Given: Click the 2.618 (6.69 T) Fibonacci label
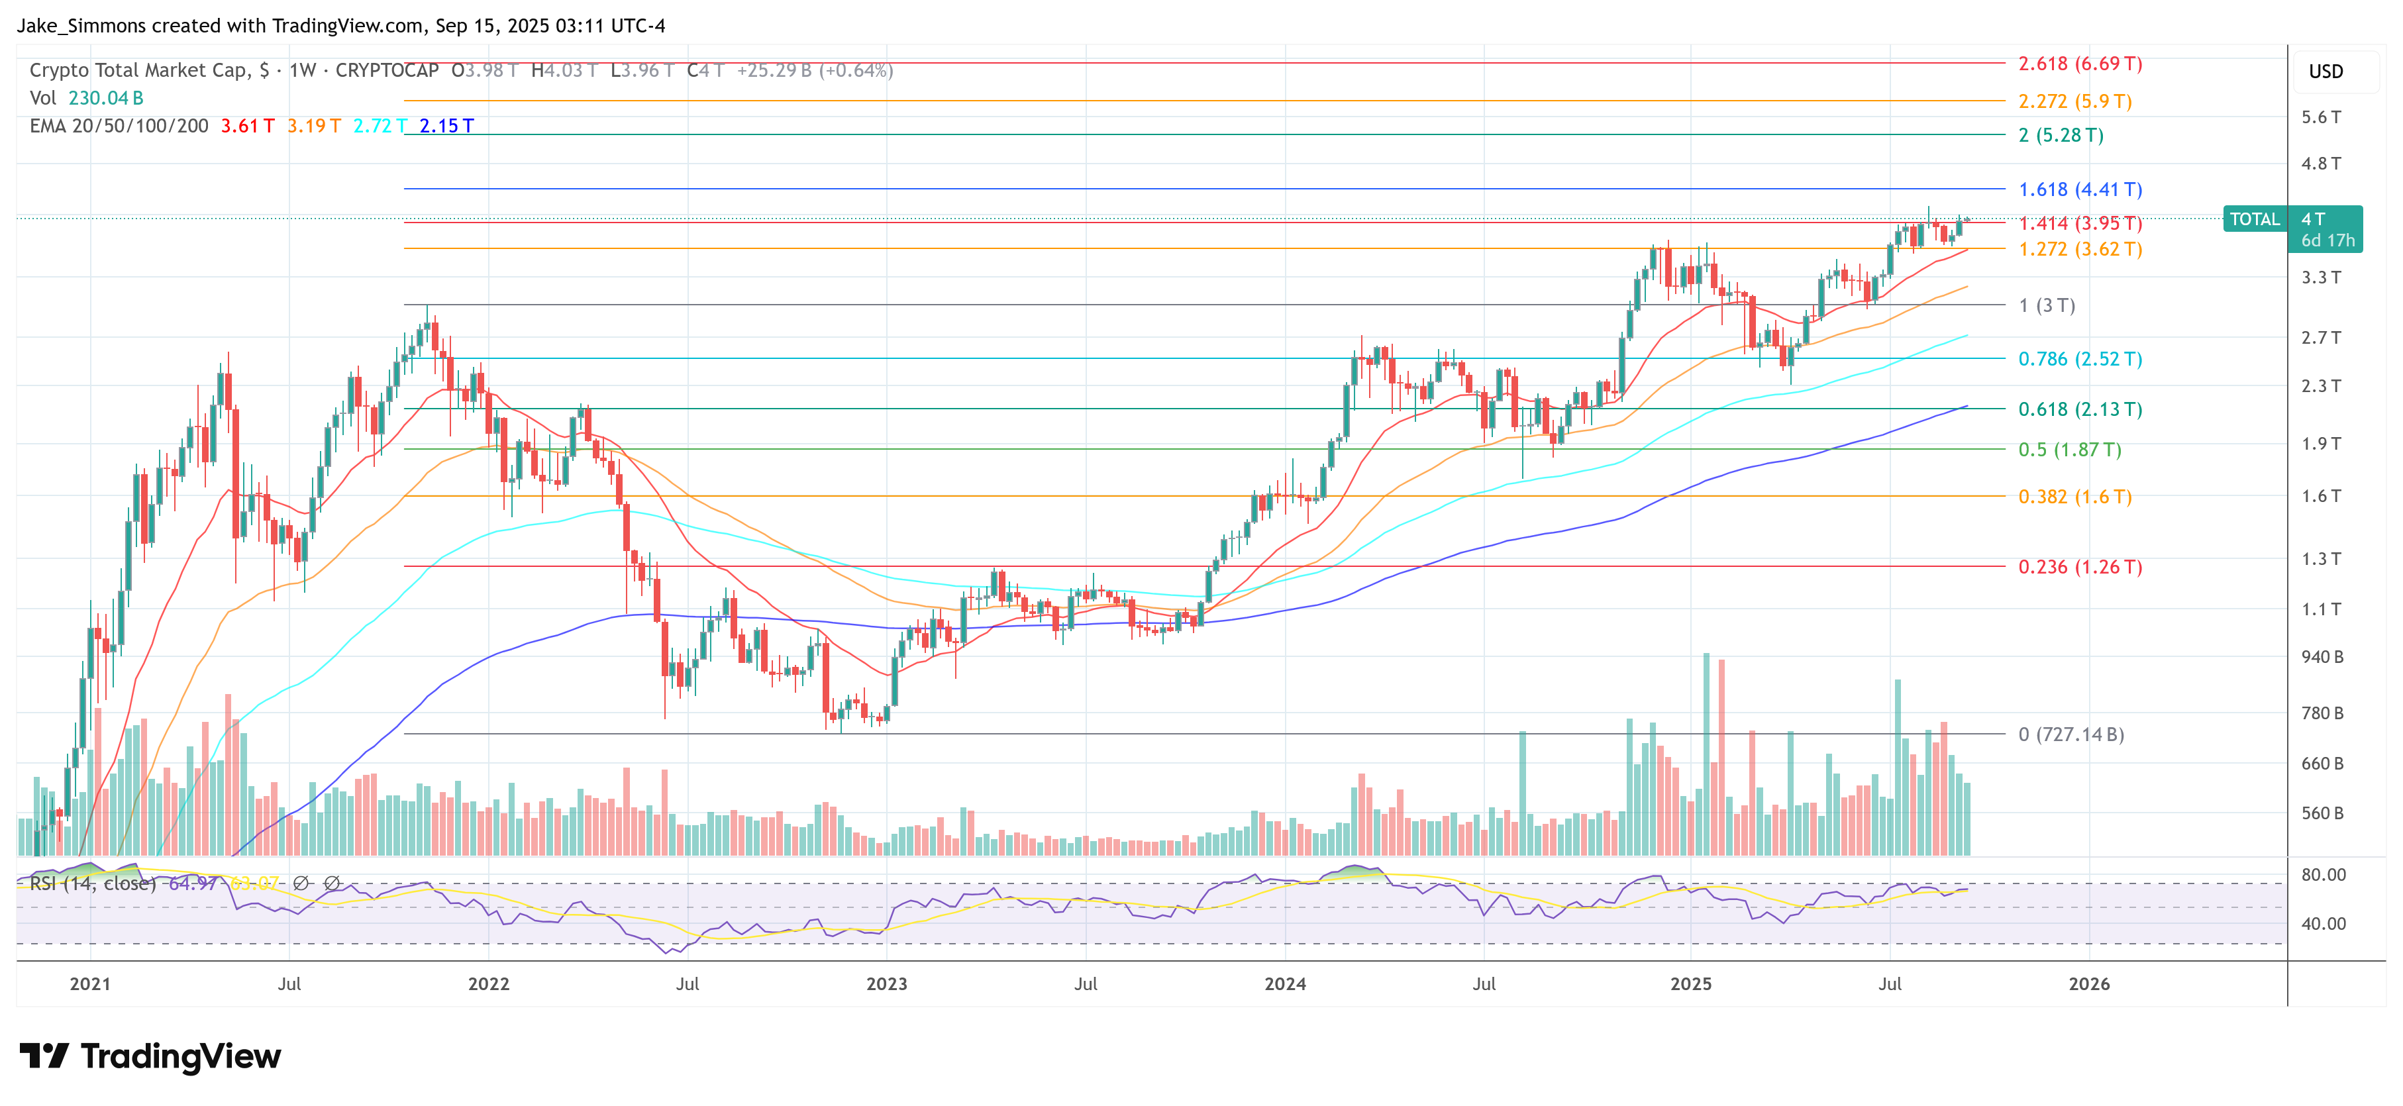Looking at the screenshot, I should (2079, 64).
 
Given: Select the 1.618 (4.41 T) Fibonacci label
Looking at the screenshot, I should (2079, 189).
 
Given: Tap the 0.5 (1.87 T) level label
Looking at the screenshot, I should (2069, 450).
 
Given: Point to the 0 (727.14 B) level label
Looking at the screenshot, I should (2070, 734).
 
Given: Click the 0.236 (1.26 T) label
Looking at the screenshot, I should (2079, 567).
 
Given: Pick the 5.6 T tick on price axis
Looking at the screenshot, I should (2320, 117).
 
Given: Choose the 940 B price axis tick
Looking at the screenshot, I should (2321, 656).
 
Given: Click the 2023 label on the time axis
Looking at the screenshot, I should (886, 984).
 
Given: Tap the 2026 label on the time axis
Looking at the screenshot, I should (2088, 984).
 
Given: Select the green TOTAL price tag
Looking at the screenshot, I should (2254, 219).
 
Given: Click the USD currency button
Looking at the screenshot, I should (2325, 72).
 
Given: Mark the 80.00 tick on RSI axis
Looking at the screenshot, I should (2323, 875).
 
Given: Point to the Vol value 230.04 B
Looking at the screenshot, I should (105, 98).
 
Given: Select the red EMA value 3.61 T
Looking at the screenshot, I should (247, 126).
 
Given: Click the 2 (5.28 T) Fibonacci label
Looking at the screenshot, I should (2060, 135).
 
